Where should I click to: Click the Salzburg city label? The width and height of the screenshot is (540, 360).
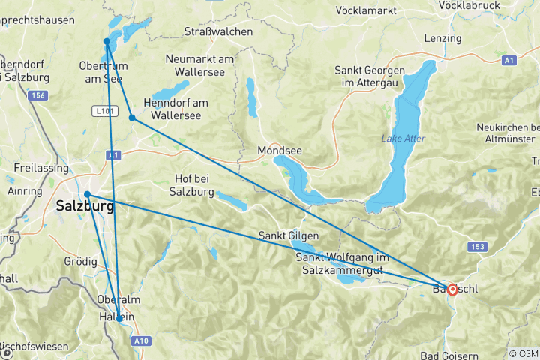85,207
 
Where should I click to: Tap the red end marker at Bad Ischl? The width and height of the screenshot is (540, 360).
453,289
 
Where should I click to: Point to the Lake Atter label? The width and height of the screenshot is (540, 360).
403,138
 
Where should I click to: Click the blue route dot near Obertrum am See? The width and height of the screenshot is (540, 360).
107,42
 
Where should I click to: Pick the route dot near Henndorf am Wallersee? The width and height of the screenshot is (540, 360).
132,118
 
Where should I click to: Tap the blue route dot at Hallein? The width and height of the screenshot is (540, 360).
118,318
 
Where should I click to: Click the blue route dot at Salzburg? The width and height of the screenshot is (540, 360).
88,195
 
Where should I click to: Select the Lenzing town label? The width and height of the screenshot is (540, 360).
442,38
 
